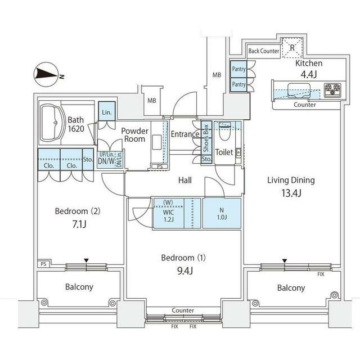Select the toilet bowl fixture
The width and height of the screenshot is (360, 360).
pyautogui.click(x=224, y=134)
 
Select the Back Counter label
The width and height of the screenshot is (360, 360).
pyautogui.click(x=264, y=51)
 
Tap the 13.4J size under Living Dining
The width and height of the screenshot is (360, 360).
pyautogui.click(x=291, y=194)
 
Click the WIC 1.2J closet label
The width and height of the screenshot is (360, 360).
pyautogui.click(x=168, y=213)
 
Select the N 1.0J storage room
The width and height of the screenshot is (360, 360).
pyautogui.click(x=222, y=213)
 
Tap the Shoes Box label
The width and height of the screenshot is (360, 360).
pyautogui.click(x=206, y=138)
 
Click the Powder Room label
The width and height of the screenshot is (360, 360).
pyautogui.click(x=135, y=135)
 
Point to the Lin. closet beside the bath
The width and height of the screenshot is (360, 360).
pyautogui.click(x=107, y=112)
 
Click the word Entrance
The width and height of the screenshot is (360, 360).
pyautogui.click(x=185, y=134)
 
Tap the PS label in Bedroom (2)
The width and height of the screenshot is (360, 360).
pyautogui.click(x=43, y=264)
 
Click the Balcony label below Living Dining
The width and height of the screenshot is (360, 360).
pyautogui.click(x=291, y=287)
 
